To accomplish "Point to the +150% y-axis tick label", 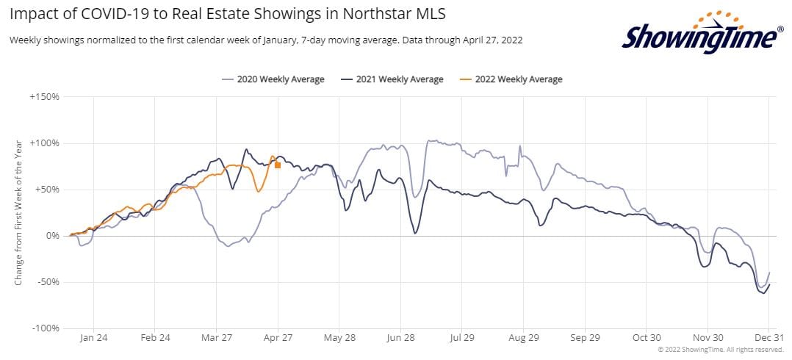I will pyautogui.click(x=45, y=96).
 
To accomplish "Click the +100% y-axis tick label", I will pyautogui.click(x=45, y=143).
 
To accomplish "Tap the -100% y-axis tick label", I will pyautogui.click(x=46, y=328).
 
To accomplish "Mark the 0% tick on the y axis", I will pyautogui.click(x=52, y=236).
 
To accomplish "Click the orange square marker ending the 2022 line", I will pyautogui.click(x=278, y=165).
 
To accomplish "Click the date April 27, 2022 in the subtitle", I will pyautogui.click(x=486, y=40).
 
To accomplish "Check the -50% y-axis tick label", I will pyautogui.click(x=47, y=282).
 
